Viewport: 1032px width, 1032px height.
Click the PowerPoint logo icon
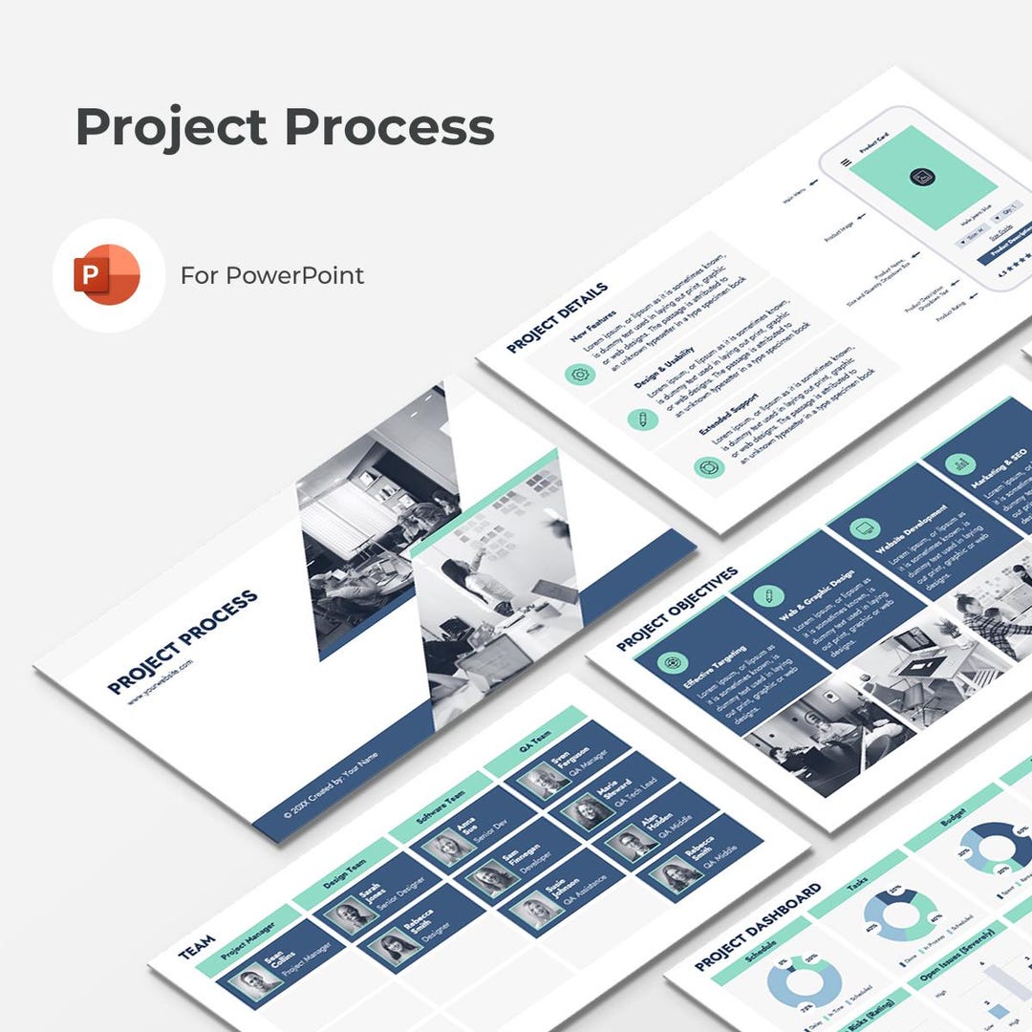pos(107,275)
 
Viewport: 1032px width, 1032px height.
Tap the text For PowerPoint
pos(272,275)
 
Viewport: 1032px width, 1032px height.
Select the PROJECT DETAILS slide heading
pos(557,317)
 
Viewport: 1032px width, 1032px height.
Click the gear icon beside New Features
pos(578,374)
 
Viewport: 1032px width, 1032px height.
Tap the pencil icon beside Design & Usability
pos(642,419)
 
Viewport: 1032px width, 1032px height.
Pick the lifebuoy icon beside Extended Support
pos(709,467)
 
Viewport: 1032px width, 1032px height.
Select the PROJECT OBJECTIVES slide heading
pos(677,610)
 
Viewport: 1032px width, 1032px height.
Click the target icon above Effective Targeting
pos(672,662)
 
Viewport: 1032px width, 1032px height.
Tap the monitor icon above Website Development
pos(863,528)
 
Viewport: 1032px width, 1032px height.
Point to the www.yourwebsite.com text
pos(161,681)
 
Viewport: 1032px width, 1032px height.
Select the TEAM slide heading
pos(197,945)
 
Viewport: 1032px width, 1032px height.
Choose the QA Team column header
pos(535,741)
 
